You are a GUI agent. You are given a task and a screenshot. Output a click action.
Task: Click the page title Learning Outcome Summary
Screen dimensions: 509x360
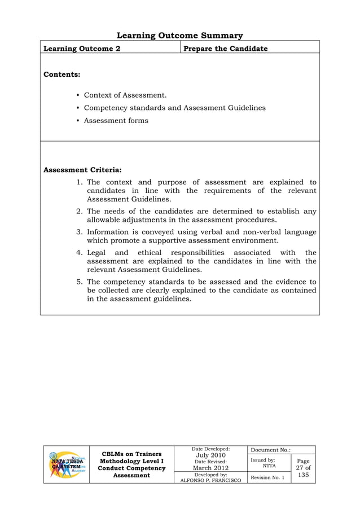click(179, 36)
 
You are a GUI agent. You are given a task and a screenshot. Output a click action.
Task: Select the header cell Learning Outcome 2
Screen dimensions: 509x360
click(82, 49)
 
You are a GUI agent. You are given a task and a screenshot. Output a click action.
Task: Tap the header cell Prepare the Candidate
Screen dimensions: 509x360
click(225, 49)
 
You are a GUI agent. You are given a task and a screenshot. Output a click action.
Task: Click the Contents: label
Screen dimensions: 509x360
click(62, 74)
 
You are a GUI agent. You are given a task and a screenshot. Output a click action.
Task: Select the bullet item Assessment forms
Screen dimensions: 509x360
click(116, 120)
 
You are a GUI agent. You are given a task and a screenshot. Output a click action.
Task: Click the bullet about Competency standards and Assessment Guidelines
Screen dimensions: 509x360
click(174, 108)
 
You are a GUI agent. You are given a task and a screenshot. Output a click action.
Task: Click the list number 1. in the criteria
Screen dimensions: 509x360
click(80, 182)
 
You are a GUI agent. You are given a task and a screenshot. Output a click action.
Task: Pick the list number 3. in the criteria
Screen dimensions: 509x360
click(80, 232)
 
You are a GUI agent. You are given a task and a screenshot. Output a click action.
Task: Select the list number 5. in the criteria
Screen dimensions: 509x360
click(80, 282)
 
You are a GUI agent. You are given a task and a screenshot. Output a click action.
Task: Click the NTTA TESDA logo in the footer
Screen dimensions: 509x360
click(67, 465)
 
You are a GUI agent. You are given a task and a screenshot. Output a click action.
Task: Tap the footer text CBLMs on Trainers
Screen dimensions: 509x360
click(131, 454)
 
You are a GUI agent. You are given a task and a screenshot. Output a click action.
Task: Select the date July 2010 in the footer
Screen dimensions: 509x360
click(210, 455)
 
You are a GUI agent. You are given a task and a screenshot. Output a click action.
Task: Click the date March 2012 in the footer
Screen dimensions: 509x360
click(210, 468)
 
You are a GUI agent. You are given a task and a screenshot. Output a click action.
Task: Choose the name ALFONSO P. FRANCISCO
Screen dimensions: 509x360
click(210, 480)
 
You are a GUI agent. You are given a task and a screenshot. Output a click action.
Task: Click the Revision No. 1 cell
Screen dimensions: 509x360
click(267, 478)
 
